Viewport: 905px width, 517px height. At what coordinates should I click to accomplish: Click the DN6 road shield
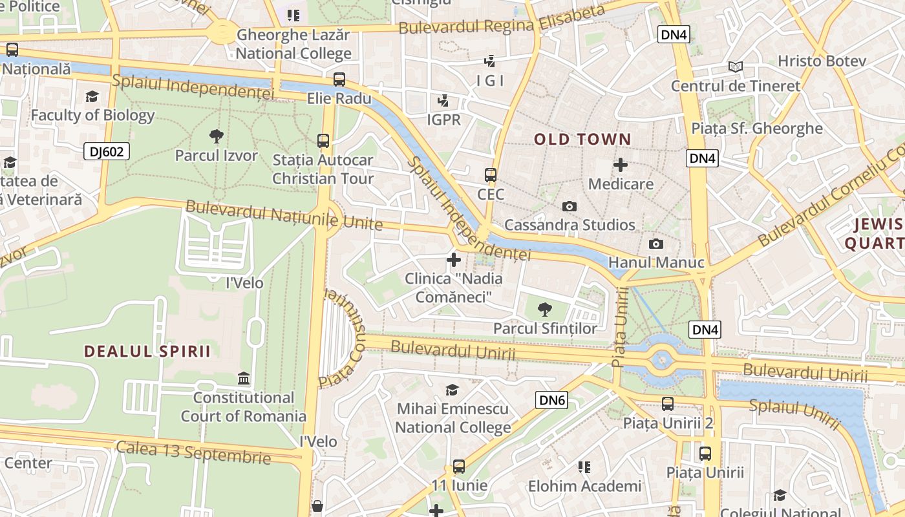(551, 401)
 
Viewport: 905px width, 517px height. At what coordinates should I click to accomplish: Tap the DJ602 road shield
(107, 152)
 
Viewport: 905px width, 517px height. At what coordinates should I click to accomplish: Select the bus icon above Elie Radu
(339, 79)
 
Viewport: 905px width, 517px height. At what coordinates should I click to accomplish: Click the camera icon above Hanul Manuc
(655, 244)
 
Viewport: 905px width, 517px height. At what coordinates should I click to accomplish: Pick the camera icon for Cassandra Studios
(569, 206)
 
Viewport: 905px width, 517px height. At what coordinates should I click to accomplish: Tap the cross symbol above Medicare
(621, 165)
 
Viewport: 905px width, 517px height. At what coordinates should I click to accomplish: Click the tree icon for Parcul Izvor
(217, 136)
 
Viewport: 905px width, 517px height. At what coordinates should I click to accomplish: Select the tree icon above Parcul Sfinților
(545, 310)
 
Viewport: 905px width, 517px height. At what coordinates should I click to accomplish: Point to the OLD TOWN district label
(582, 139)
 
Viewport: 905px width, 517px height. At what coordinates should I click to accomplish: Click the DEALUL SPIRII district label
(147, 352)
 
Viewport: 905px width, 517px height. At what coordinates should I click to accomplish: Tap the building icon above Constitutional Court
(244, 378)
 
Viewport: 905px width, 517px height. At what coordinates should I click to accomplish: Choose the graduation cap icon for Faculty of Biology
(92, 97)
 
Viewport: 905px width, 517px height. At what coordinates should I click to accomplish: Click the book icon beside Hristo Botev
(735, 67)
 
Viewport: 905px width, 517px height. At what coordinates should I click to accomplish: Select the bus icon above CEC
(491, 175)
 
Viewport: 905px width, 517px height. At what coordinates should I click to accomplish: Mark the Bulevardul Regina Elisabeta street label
(502, 19)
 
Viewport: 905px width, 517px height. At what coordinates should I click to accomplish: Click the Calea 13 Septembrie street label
(193, 452)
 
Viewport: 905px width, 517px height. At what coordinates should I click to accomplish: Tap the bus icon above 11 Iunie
(458, 466)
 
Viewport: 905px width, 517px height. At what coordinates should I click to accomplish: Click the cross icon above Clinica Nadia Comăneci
(454, 260)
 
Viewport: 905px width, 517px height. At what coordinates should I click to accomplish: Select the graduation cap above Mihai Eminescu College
(452, 390)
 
